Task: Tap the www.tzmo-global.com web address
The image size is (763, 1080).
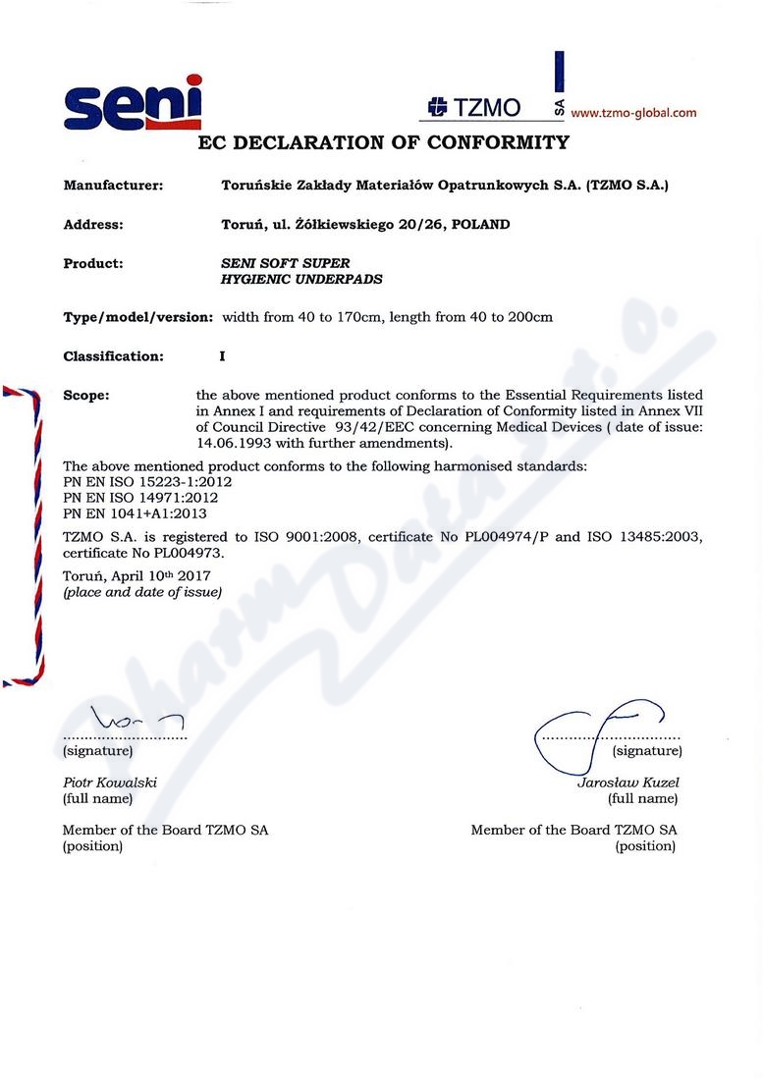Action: [x=633, y=113]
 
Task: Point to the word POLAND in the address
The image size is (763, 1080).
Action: [x=480, y=224]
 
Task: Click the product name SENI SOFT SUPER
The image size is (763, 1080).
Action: [x=286, y=263]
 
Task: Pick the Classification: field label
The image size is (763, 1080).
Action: [x=113, y=356]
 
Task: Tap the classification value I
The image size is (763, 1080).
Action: [x=222, y=356]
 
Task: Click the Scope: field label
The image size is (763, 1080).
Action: [x=86, y=396]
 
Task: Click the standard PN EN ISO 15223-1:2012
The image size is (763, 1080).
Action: [x=147, y=482]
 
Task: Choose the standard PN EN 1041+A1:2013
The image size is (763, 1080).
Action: [x=135, y=513]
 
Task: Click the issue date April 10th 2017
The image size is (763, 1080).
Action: [x=158, y=575]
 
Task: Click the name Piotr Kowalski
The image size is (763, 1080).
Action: [x=110, y=783]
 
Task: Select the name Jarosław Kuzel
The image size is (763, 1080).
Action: [x=628, y=783]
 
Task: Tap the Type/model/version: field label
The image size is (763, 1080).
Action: [x=137, y=317]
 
